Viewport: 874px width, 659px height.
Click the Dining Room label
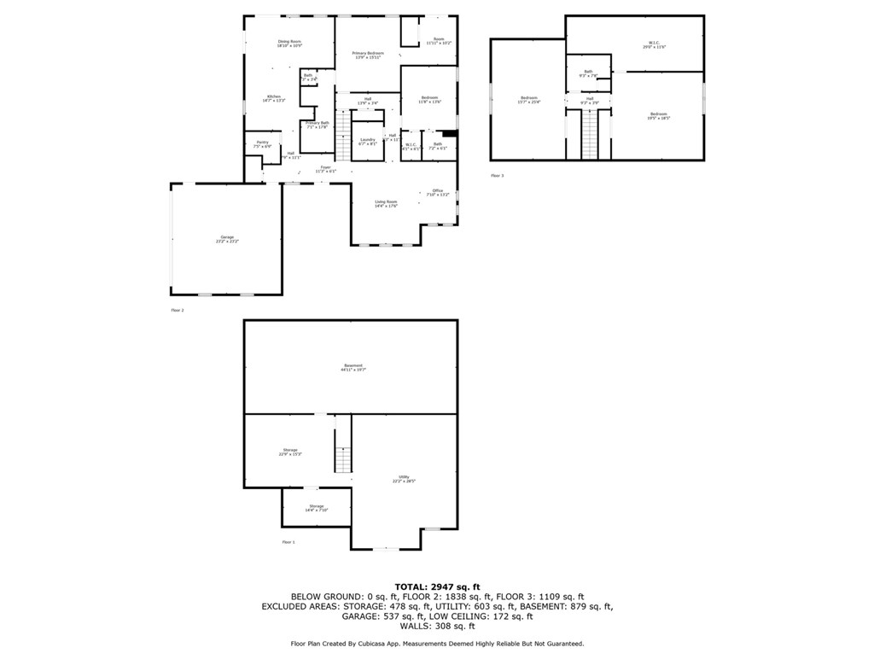pyautogui.click(x=289, y=43)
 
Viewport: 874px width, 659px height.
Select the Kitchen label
pyautogui.click(x=273, y=97)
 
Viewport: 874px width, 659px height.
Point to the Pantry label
pyautogui.click(x=262, y=143)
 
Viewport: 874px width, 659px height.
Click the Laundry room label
pyautogui.click(x=367, y=141)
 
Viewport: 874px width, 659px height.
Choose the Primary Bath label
pyautogui.click(x=318, y=124)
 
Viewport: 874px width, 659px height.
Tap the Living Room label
pyautogui.click(x=386, y=203)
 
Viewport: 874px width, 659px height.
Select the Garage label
pyautogui.click(x=226, y=238)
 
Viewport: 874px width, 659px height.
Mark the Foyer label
pyautogui.click(x=325, y=168)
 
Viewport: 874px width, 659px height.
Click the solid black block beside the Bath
pyautogui.click(x=450, y=133)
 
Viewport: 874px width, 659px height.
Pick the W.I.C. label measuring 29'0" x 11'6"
pyautogui.click(x=653, y=44)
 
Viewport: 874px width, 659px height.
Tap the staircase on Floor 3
pyautogui.click(x=590, y=134)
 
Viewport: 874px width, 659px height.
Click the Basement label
pyautogui.click(x=353, y=366)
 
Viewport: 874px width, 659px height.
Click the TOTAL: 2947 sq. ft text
pyautogui.click(x=436, y=586)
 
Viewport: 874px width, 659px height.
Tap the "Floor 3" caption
pyautogui.click(x=497, y=175)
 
